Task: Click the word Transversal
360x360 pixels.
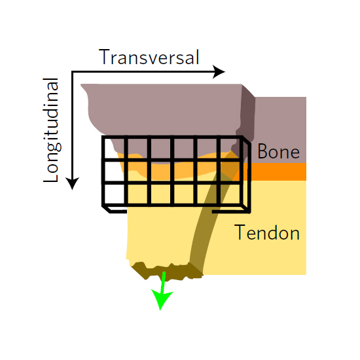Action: pos(149,57)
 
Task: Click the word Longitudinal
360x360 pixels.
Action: pos(52,130)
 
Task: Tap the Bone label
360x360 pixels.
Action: pos(278,151)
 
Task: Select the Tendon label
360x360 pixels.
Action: pos(267,232)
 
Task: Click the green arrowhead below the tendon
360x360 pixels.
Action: pos(161,299)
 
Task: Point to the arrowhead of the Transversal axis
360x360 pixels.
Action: pos(219,72)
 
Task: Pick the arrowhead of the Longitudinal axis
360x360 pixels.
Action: pos(72,183)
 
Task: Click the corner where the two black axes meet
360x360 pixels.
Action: pos(72,72)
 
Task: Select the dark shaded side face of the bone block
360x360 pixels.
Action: pos(247,115)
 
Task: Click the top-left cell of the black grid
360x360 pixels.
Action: pos(114,148)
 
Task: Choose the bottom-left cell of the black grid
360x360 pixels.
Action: pos(114,194)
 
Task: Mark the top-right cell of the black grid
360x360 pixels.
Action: pos(230,148)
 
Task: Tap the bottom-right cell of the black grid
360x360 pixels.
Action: pos(230,194)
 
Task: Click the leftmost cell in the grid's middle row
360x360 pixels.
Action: pos(114,171)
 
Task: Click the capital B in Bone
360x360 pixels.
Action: pos(262,151)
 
